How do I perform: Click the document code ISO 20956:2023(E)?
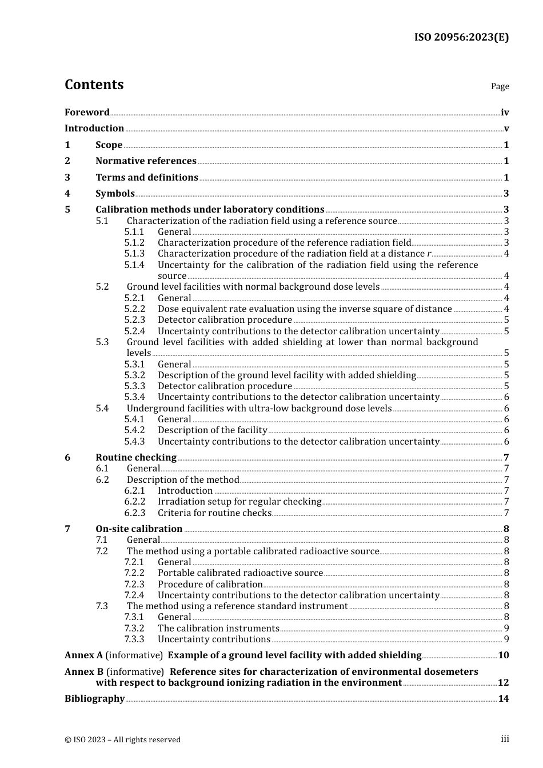461,37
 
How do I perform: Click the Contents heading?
94,85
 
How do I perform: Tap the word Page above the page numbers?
500,86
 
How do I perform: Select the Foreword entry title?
87,113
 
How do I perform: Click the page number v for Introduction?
506,129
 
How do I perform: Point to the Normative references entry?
146,161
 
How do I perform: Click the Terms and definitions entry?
147,178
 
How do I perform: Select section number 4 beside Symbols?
67,194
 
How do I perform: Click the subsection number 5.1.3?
134,254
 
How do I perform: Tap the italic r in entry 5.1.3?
429,254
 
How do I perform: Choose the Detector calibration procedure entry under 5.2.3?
225,320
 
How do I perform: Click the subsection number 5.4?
102,409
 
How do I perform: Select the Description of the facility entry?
213,430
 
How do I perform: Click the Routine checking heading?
136,458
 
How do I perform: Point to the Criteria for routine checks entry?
214,513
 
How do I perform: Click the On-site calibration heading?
139,529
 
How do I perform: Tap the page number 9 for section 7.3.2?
506,629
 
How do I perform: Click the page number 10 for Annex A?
504,655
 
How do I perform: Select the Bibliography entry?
94,699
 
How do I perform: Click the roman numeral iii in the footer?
505,739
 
